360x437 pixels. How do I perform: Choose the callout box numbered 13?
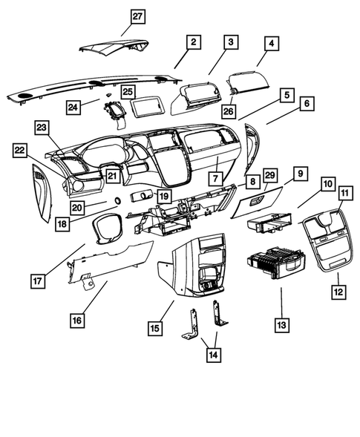point(282,324)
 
